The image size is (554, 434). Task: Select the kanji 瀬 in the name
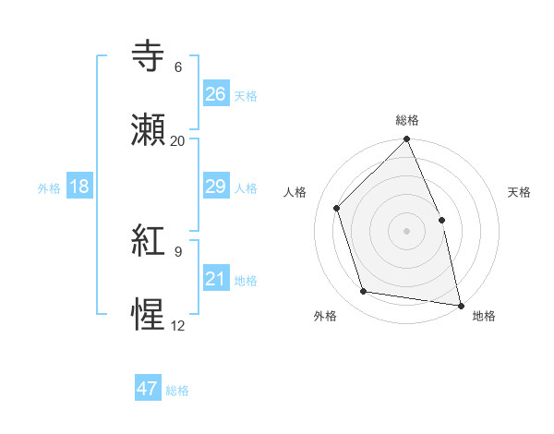point(149,129)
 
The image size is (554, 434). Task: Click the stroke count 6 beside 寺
point(178,67)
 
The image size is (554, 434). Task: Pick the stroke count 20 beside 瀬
point(177,140)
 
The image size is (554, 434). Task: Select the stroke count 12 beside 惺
point(177,325)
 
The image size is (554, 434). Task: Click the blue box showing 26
point(215,94)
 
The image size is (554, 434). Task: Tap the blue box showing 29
point(215,187)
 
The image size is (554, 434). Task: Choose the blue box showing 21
point(215,279)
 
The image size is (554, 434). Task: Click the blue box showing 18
point(79,187)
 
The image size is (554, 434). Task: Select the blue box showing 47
point(148,389)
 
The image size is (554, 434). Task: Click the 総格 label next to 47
point(177,391)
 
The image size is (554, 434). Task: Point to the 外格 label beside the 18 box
point(49,188)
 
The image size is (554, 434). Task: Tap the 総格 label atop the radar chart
point(407,120)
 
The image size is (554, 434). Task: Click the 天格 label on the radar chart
point(520,192)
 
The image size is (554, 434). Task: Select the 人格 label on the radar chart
point(295,192)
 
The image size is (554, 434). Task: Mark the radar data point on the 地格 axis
point(460,304)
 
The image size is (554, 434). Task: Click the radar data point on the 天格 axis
point(441,220)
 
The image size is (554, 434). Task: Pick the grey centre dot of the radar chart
point(406,231)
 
